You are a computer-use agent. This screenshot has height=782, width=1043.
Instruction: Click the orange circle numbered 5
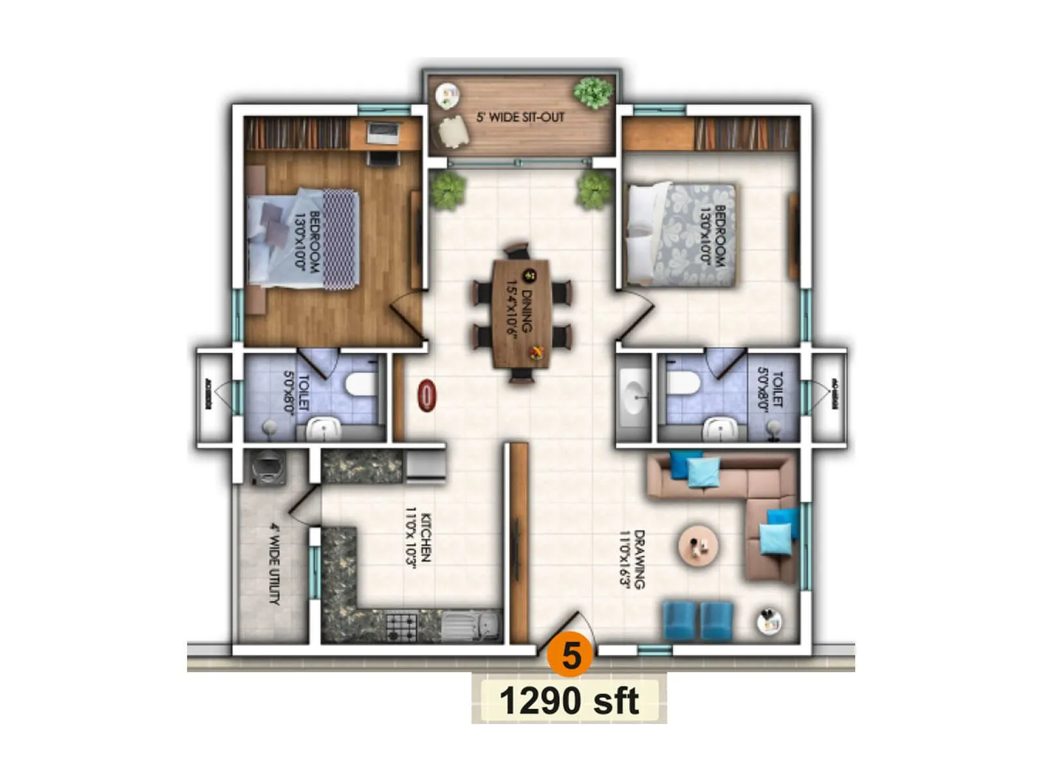tap(571, 654)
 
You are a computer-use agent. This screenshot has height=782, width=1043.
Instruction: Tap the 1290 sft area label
tap(568, 701)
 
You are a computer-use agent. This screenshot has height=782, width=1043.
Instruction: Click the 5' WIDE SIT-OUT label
tap(520, 117)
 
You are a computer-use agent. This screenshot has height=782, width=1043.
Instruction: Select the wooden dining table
tap(521, 313)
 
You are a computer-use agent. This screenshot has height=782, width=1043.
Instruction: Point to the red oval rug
tap(427, 396)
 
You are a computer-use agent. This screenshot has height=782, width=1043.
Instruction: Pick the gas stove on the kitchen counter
tap(401, 626)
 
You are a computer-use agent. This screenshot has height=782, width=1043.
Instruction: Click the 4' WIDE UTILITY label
tap(275, 564)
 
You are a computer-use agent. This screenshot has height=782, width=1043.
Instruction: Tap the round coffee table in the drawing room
tap(699, 545)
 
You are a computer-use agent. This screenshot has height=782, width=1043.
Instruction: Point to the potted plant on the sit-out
tap(593, 93)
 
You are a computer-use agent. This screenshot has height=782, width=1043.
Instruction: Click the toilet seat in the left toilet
tap(360, 384)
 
